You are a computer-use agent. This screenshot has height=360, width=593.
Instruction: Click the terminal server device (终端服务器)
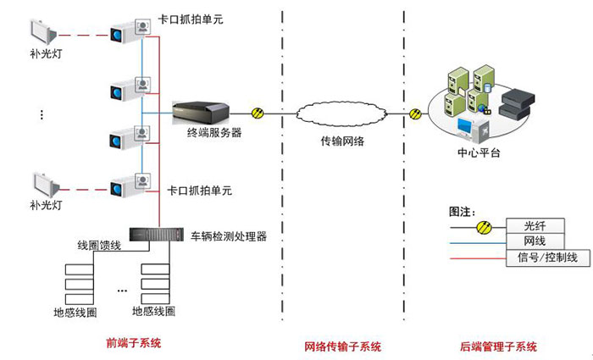201,113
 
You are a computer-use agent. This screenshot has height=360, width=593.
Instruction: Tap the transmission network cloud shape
341,114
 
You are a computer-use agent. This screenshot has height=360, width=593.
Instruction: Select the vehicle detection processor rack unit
156,235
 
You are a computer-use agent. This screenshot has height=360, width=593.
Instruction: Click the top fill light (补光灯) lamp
44,32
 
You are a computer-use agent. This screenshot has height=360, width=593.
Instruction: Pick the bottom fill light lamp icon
46,186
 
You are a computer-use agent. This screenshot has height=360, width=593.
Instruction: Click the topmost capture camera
130,31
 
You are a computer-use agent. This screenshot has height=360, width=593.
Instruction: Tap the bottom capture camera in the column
130,186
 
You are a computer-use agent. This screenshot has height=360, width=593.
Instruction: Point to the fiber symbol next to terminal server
258,113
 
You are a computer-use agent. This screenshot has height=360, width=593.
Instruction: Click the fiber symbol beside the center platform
415,114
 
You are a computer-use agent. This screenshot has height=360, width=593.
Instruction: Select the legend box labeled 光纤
535,226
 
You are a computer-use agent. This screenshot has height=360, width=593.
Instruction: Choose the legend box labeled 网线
535,241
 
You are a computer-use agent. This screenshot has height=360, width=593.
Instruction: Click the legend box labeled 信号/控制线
548,258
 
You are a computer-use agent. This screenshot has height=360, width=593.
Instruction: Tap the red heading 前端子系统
134,343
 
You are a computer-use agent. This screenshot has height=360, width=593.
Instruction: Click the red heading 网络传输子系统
343,346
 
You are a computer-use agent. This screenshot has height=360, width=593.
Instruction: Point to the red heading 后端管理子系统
498,346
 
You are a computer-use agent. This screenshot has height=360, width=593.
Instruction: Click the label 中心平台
479,152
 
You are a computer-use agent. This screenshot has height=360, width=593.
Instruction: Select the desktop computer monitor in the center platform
465,128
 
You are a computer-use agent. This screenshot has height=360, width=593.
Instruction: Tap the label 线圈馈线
99,246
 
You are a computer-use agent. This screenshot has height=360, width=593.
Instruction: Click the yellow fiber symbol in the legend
484,227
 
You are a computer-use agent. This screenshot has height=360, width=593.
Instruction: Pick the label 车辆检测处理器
229,236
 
